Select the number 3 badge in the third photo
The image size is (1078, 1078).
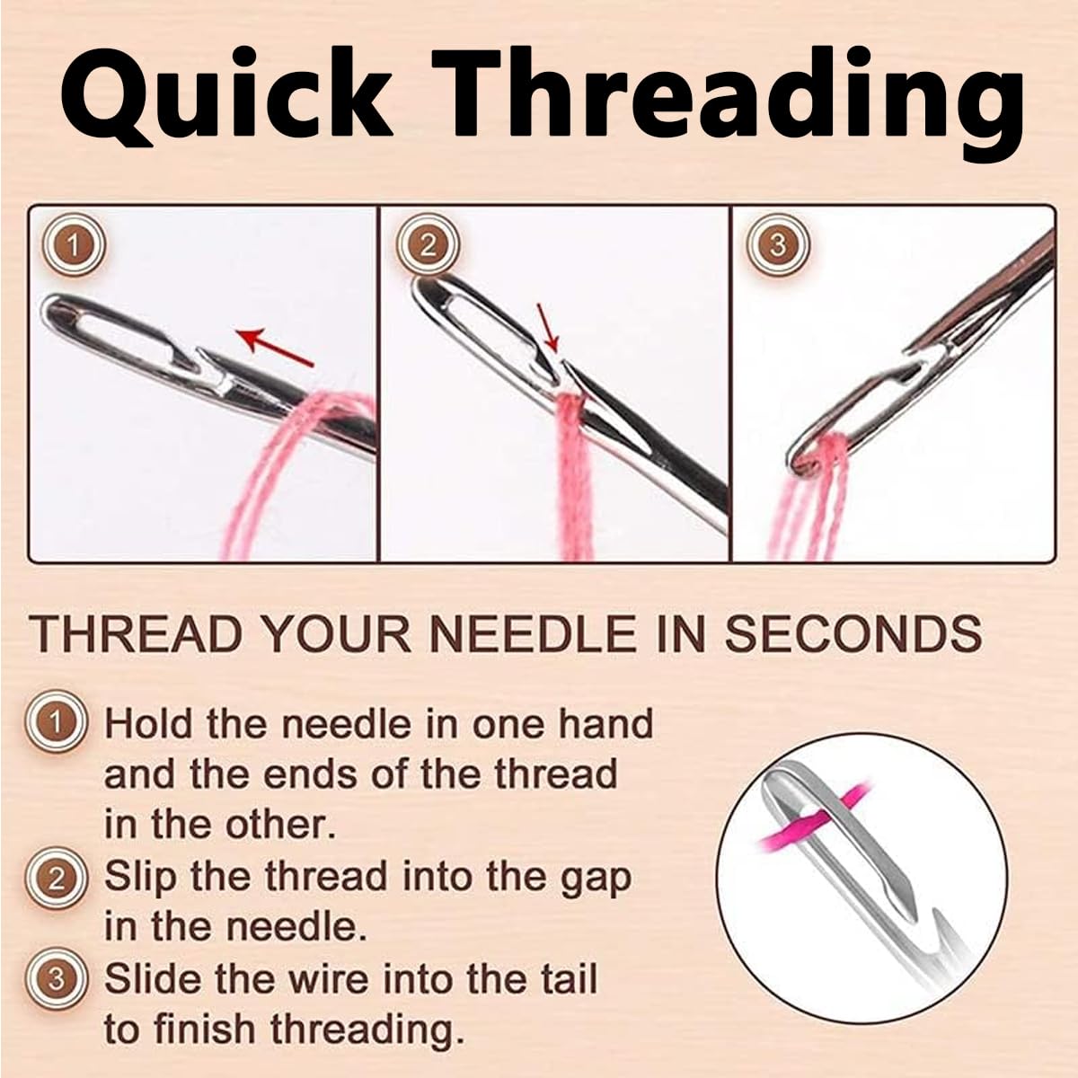(x=778, y=244)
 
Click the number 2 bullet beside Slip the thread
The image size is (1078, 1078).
(x=57, y=878)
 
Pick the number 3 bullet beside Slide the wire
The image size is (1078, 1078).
(x=57, y=979)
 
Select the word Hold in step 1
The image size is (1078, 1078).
(x=150, y=723)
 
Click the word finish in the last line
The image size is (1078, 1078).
(x=212, y=1029)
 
